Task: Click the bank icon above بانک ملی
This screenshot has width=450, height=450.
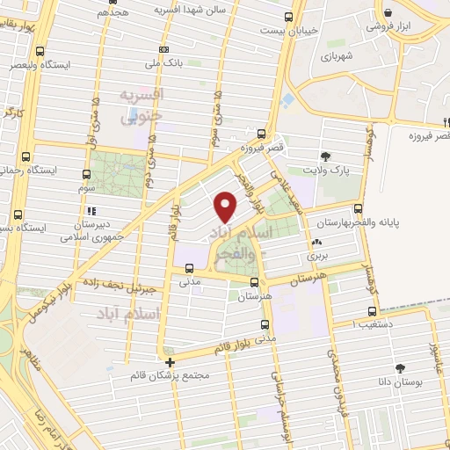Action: pyautogui.click(x=163, y=48)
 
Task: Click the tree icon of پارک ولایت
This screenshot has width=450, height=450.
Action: pyautogui.click(x=327, y=156)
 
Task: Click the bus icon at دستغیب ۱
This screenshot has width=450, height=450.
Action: pyautogui.click(x=372, y=311)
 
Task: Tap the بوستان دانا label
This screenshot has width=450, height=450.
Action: pyautogui.click(x=402, y=383)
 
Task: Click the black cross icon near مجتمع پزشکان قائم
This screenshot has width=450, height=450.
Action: pyautogui.click(x=170, y=361)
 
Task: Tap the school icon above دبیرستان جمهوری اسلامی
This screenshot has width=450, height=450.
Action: pyautogui.click(x=91, y=211)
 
